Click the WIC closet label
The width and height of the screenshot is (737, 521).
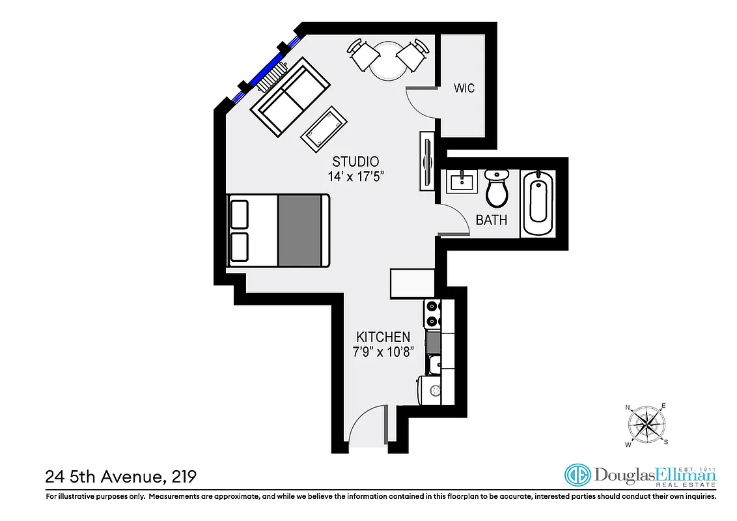pyautogui.click(x=464, y=89)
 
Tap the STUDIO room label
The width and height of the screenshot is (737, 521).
pyautogui.click(x=355, y=162)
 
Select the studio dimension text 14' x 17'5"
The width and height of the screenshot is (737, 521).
pyautogui.click(x=355, y=176)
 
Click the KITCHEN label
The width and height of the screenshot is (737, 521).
pyautogui.click(x=383, y=337)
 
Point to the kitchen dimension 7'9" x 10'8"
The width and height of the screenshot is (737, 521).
pyautogui.click(x=383, y=352)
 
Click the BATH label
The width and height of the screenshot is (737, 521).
pyautogui.click(x=491, y=220)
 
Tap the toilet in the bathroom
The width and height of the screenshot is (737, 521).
pyautogui.click(x=497, y=186)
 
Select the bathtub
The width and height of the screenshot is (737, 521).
pyautogui.click(x=538, y=203)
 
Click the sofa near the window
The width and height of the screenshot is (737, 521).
pyautogui.click(x=292, y=96)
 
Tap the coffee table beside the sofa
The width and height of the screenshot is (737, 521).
pyautogui.click(x=324, y=126)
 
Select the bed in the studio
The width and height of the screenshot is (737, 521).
pyautogui.click(x=278, y=230)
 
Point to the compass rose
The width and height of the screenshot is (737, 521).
pyautogui.click(x=646, y=425)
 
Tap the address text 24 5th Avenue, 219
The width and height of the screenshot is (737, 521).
pyautogui.click(x=120, y=477)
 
